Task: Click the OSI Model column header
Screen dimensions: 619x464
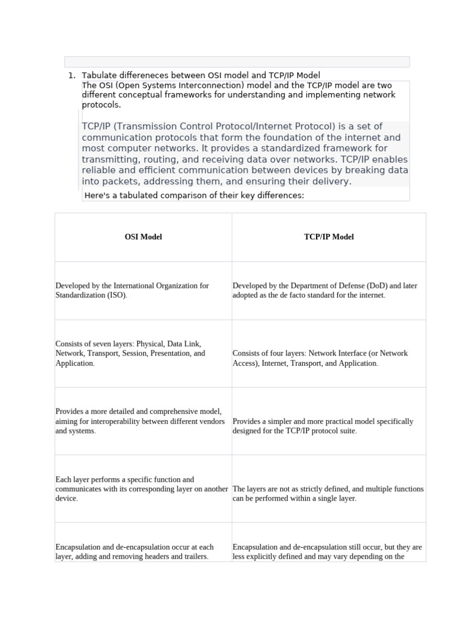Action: click(x=143, y=237)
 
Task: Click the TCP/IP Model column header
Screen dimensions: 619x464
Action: click(x=329, y=237)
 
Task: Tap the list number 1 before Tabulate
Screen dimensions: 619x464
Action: click(x=71, y=76)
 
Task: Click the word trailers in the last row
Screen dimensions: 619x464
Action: click(x=195, y=557)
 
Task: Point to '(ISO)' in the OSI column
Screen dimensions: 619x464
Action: click(x=117, y=296)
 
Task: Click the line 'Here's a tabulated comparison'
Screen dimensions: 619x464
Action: click(x=194, y=195)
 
